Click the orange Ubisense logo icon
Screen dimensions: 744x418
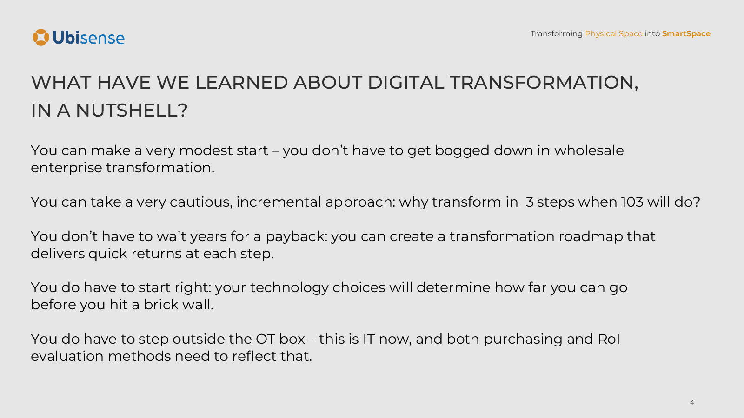click(x=41, y=37)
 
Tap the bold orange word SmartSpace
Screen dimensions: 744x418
click(x=686, y=34)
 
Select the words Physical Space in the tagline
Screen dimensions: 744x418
click(x=613, y=34)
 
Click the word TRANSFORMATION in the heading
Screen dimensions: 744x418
click(x=544, y=82)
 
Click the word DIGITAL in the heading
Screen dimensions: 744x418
click(x=405, y=82)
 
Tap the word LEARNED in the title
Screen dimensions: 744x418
click(x=241, y=82)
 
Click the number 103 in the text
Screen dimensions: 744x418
click(x=632, y=202)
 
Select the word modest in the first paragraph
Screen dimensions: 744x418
click(x=206, y=150)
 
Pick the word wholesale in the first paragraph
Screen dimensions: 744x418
click(x=589, y=150)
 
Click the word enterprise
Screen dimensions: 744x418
click(x=66, y=168)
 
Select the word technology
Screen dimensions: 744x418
click(x=289, y=288)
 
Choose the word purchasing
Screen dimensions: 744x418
click(x=523, y=340)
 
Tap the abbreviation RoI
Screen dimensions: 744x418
click(x=609, y=340)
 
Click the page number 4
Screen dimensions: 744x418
click(x=692, y=402)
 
